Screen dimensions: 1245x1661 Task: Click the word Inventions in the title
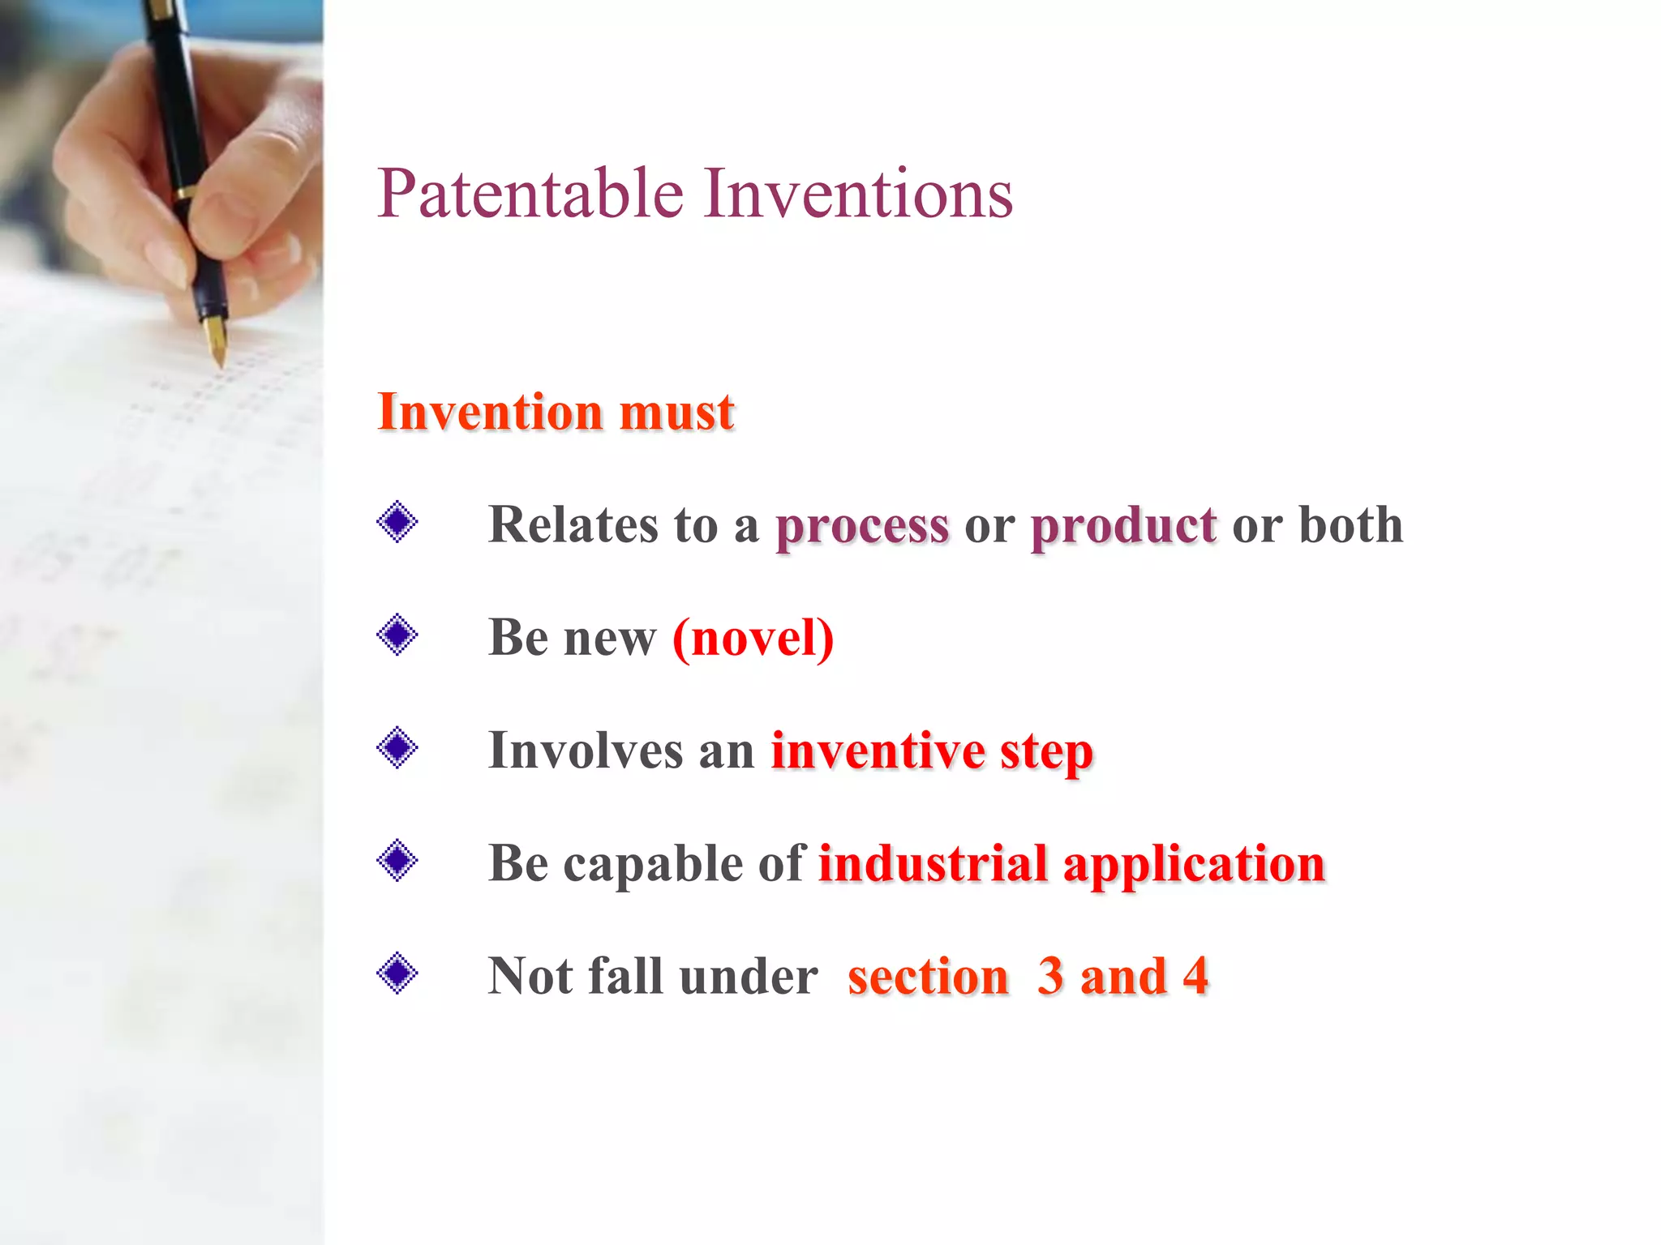(x=857, y=195)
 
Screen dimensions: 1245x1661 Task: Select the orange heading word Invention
(x=490, y=412)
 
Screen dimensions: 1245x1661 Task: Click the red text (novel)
(x=753, y=639)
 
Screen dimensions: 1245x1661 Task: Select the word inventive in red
(x=876, y=751)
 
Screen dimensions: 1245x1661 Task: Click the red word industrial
(x=933, y=863)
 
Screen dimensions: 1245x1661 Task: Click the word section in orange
(x=928, y=976)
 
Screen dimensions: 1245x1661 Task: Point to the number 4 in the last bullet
(x=1195, y=976)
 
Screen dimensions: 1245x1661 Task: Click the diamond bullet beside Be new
(x=397, y=635)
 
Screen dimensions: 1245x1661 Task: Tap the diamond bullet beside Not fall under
(x=397, y=973)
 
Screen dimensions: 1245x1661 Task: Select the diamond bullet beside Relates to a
(x=397, y=522)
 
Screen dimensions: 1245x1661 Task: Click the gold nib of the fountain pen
(x=217, y=340)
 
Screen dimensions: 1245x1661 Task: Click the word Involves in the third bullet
(x=586, y=751)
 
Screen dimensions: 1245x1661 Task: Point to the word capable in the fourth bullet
(x=653, y=865)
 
